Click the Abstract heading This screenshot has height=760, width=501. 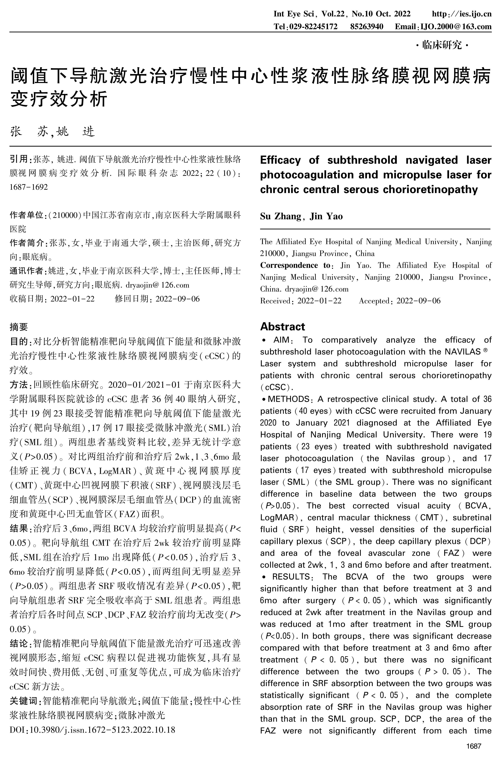[282, 326]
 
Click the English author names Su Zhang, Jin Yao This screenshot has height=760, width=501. [301, 216]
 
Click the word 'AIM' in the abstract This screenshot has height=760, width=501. [281, 340]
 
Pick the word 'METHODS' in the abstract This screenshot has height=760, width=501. [288, 399]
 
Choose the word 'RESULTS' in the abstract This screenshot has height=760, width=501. [290, 577]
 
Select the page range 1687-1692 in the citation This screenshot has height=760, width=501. [29, 187]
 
